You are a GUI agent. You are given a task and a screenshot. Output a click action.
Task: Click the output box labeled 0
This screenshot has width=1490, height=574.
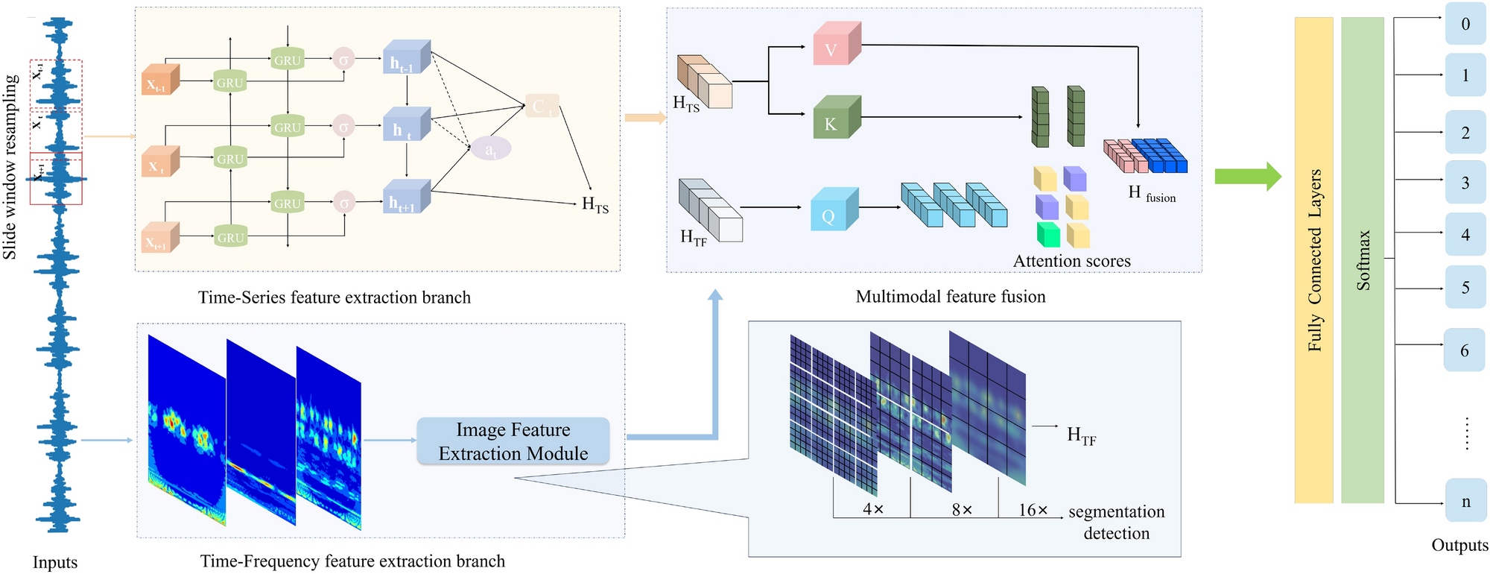tap(1465, 24)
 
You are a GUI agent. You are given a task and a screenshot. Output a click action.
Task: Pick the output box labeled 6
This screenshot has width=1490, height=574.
tap(1464, 350)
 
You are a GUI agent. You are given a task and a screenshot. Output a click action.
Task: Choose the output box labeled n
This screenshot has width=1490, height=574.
tap(1465, 501)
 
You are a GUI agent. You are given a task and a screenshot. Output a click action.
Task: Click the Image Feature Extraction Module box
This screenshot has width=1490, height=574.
tap(513, 441)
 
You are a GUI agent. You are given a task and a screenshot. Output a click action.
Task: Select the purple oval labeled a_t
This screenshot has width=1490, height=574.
tap(490, 148)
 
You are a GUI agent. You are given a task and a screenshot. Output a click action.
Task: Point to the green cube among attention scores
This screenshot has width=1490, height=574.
tap(1047, 235)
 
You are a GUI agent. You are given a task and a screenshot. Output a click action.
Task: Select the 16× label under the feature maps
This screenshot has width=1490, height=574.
tap(1033, 510)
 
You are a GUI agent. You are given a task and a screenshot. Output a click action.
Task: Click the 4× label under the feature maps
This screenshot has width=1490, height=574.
tap(872, 510)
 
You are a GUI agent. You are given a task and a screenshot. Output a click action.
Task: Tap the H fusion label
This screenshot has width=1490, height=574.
tap(1151, 193)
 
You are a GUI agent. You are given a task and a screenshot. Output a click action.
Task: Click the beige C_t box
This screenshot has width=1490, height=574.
tap(542, 106)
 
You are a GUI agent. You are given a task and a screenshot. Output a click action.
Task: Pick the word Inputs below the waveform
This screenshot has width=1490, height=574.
tap(55, 562)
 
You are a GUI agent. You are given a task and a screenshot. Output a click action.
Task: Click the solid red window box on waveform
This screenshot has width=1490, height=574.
tap(56, 178)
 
